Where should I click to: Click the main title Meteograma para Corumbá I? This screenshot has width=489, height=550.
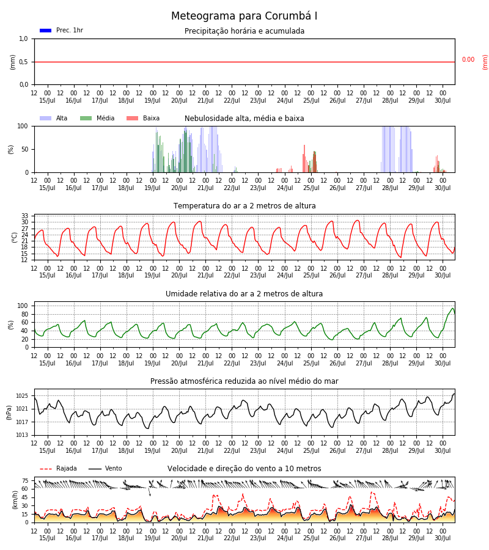[244, 16]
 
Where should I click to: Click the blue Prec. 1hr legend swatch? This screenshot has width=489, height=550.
[46, 31]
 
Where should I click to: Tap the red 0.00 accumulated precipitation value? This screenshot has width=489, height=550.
[468, 60]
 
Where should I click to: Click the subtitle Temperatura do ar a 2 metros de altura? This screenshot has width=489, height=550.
[244, 206]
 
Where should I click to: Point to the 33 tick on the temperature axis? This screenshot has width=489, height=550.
[24, 216]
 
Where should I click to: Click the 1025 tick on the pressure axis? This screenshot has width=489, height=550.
[22, 396]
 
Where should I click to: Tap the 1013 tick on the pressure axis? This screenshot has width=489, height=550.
[22, 435]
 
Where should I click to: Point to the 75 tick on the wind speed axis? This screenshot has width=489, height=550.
[24, 481]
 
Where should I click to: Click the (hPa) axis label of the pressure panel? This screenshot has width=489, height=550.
[9, 413]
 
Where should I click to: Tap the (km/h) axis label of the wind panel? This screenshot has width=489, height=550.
[15, 500]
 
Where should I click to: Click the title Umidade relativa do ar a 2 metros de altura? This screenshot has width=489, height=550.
[244, 294]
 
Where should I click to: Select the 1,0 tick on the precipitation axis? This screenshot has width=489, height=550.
[23, 39]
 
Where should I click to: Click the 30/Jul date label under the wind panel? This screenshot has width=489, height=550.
[443, 538]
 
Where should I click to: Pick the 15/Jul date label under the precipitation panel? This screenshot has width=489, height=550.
[47, 101]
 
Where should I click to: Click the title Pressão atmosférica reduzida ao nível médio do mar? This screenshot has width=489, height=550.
[244, 381]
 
